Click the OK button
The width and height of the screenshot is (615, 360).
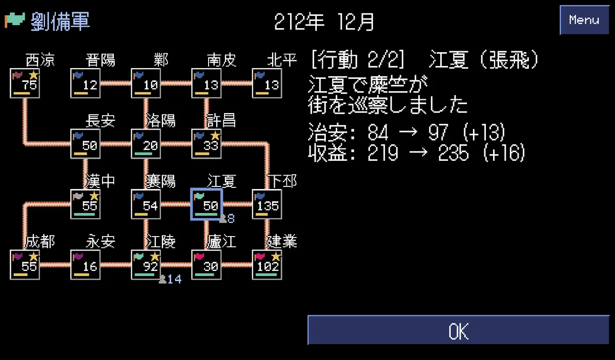pos(458,330)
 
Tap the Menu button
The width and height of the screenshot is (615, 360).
pos(584,20)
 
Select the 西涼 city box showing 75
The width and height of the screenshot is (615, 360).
pos(25,83)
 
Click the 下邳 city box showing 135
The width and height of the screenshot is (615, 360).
pos(267,204)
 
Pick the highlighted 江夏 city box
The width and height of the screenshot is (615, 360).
pos(207,204)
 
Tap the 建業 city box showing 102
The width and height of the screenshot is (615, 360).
pos(267,265)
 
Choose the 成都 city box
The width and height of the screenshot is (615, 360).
pos(25,265)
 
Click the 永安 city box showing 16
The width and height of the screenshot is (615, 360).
pos(86,265)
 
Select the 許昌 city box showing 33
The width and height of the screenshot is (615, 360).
pos(207,144)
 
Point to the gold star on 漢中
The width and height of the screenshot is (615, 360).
pos(94,196)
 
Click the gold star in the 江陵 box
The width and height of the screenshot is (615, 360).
pos(155,257)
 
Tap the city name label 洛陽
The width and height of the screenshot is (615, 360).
pos(160,120)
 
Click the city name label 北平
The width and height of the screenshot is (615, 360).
pos(282,60)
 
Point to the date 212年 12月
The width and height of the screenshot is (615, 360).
pos(324,22)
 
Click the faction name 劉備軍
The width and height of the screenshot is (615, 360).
pos(60,22)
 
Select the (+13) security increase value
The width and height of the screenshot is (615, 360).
pos(484,132)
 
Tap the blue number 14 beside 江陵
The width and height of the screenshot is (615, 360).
pos(174,279)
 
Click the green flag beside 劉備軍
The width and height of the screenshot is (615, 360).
pos(15,20)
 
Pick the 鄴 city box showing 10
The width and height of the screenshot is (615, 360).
pos(146,83)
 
